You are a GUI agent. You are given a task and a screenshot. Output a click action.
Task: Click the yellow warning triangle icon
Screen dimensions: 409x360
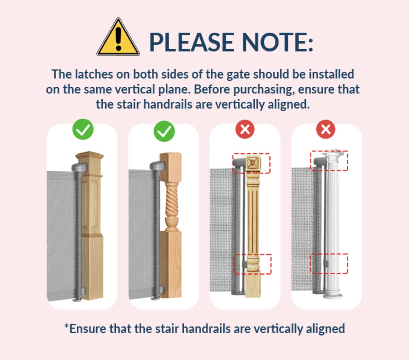118,37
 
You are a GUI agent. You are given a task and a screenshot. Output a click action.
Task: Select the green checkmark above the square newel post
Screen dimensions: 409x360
83,129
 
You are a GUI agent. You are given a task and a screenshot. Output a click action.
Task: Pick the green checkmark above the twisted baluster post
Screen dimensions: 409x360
164,131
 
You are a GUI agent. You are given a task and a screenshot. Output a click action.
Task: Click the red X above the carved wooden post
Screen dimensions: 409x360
245,129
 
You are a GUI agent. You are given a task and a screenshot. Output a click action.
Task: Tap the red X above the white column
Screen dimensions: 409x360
326,129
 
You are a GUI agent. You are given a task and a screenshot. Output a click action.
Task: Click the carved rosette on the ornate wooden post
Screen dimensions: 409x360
252,163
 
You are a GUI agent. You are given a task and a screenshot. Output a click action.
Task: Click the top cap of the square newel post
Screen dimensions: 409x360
89,156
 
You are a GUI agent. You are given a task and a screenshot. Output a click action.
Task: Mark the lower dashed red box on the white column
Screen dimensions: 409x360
329,264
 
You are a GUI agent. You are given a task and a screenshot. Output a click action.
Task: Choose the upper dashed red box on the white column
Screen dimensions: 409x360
329,161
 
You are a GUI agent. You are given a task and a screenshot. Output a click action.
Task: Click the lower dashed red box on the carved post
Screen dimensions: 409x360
252,264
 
